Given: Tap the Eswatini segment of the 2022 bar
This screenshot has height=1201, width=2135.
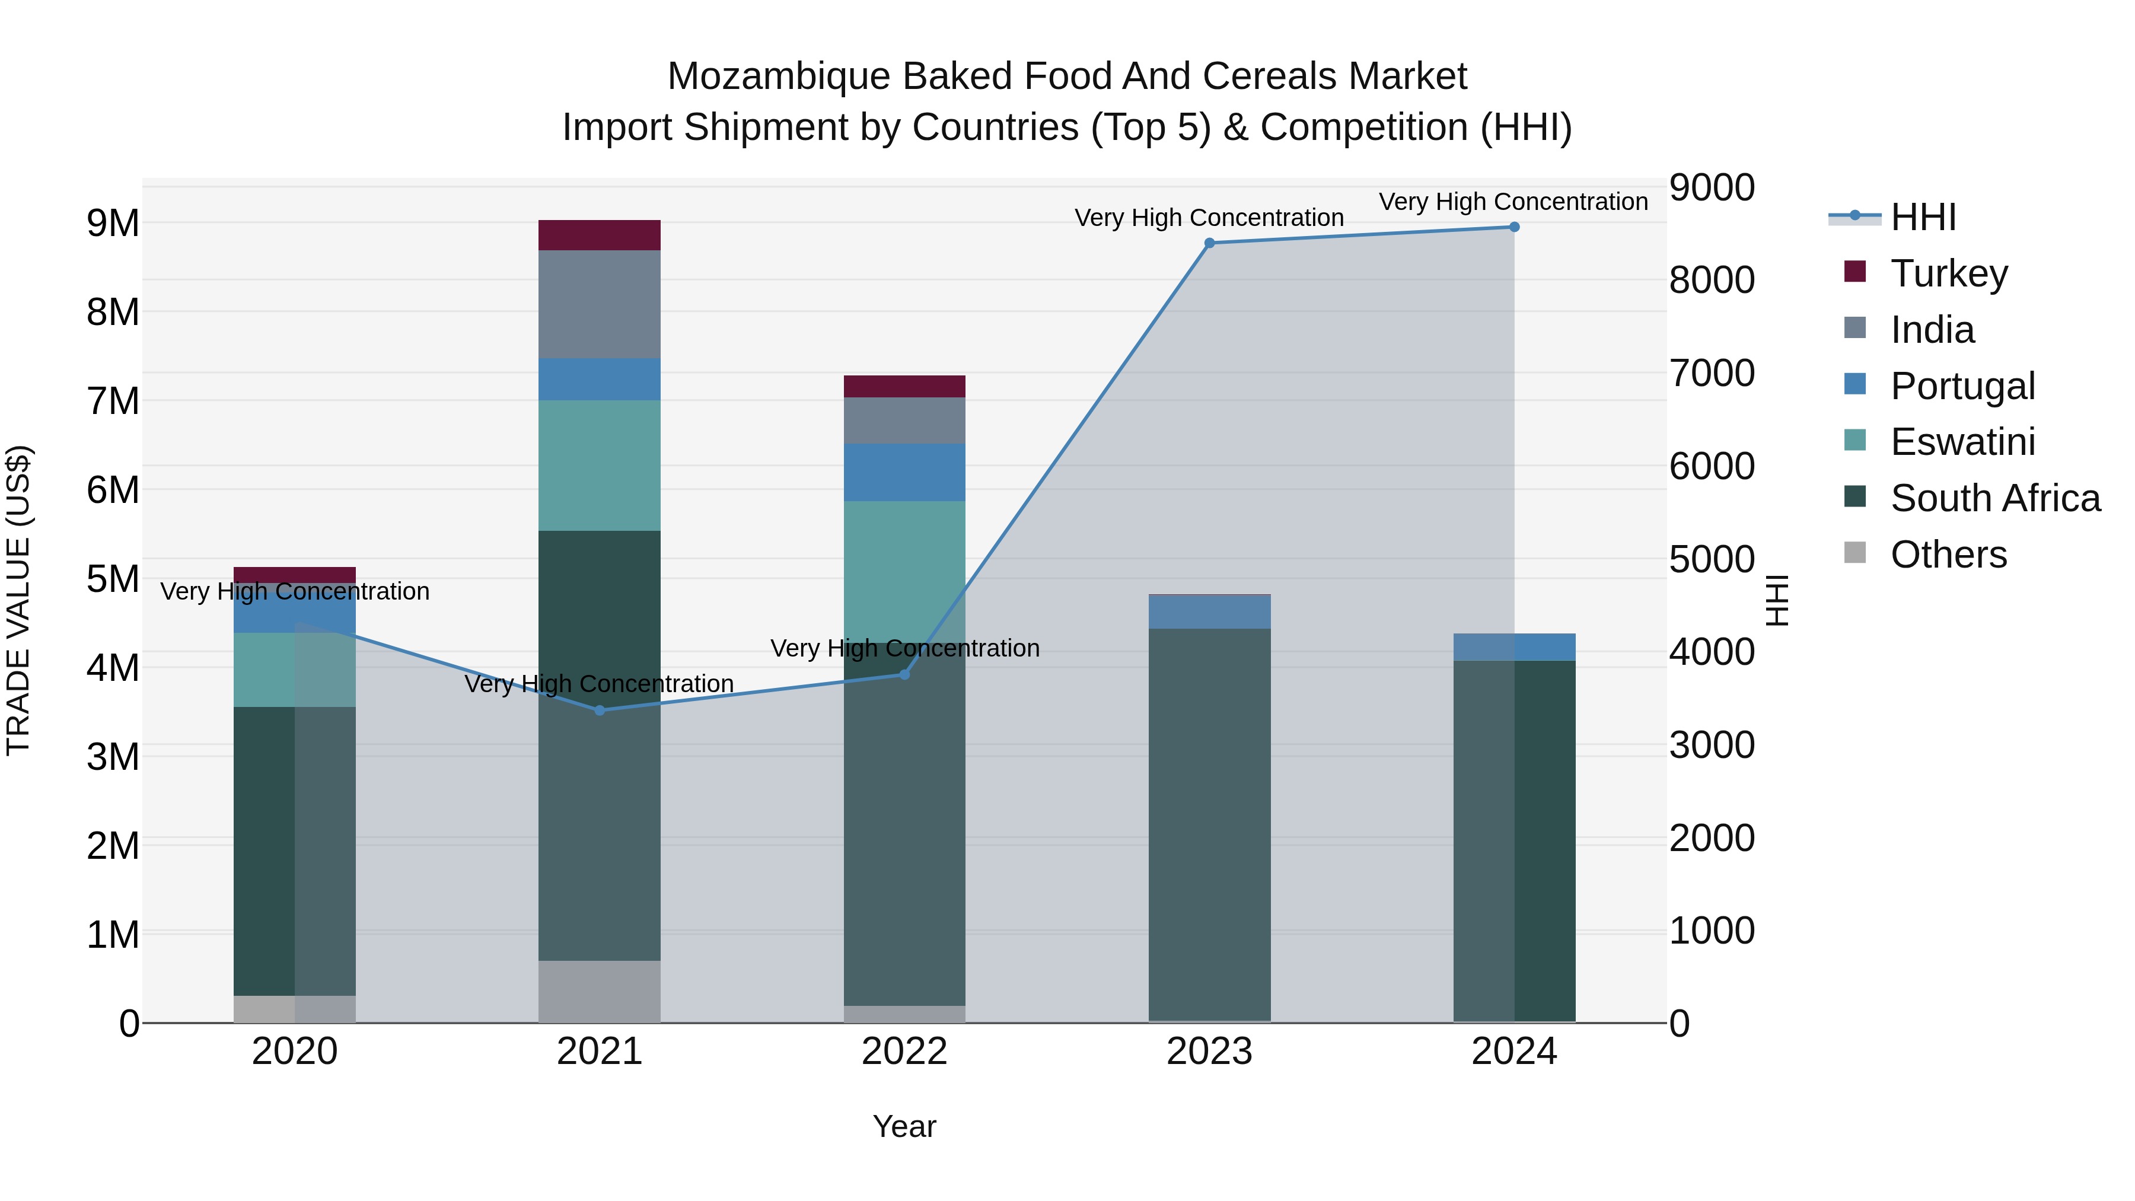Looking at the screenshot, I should coord(904,572).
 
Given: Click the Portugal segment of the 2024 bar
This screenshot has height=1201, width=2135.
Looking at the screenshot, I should coord(1514,646).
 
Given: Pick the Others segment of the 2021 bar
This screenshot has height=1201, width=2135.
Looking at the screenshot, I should coord(599,990).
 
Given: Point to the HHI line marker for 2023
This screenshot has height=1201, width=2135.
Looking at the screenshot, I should coord(1209,243).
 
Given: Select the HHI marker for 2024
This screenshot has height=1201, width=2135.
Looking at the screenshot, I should coord(1514,227).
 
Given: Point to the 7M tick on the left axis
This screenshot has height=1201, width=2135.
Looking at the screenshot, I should coord(113,401).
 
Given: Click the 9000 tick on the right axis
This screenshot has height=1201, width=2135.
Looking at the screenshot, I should coord(1712,187).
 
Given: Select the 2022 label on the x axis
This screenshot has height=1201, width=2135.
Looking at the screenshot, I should coord(904,1052).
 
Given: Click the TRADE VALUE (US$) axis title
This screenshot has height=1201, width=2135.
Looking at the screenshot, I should coord(18,600).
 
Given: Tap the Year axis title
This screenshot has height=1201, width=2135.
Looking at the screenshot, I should coord(904,1126).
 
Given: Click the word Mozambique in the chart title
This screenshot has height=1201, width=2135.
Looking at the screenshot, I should coord(779,77).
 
